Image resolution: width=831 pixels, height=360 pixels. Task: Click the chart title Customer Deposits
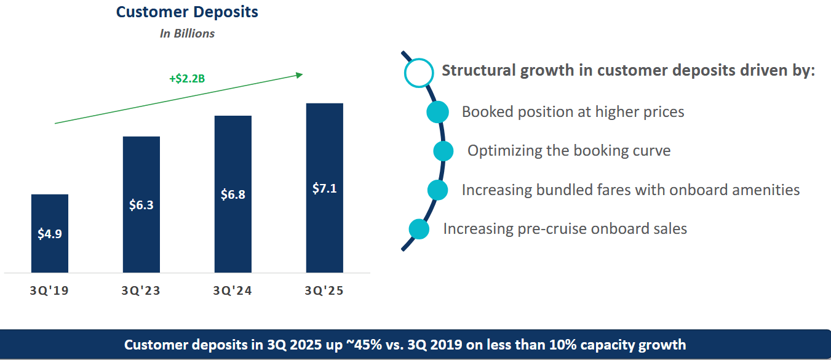click(187, 12)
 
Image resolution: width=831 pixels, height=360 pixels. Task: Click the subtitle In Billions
click(187, 34)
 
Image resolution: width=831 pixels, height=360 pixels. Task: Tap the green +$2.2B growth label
click(187, 79)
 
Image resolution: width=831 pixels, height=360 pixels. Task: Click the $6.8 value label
click(233, 194)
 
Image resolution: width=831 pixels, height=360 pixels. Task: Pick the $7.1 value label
click(324, 188)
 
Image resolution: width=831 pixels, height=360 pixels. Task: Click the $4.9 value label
click(50, 234)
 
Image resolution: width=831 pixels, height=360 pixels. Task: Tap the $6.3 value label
click(141, 205)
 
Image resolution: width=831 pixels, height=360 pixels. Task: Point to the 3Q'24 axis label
click(233, 290)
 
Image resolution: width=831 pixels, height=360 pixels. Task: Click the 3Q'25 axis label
click(324, 290)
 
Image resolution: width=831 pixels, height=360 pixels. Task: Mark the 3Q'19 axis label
click(50, 290)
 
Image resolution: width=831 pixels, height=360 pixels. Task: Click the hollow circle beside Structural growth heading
click(419, 71)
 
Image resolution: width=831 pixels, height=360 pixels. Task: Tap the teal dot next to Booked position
click(437, 113)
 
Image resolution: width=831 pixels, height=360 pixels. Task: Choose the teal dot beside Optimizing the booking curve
click(443, 151)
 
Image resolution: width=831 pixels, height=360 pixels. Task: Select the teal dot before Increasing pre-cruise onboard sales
click(419, 230)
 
